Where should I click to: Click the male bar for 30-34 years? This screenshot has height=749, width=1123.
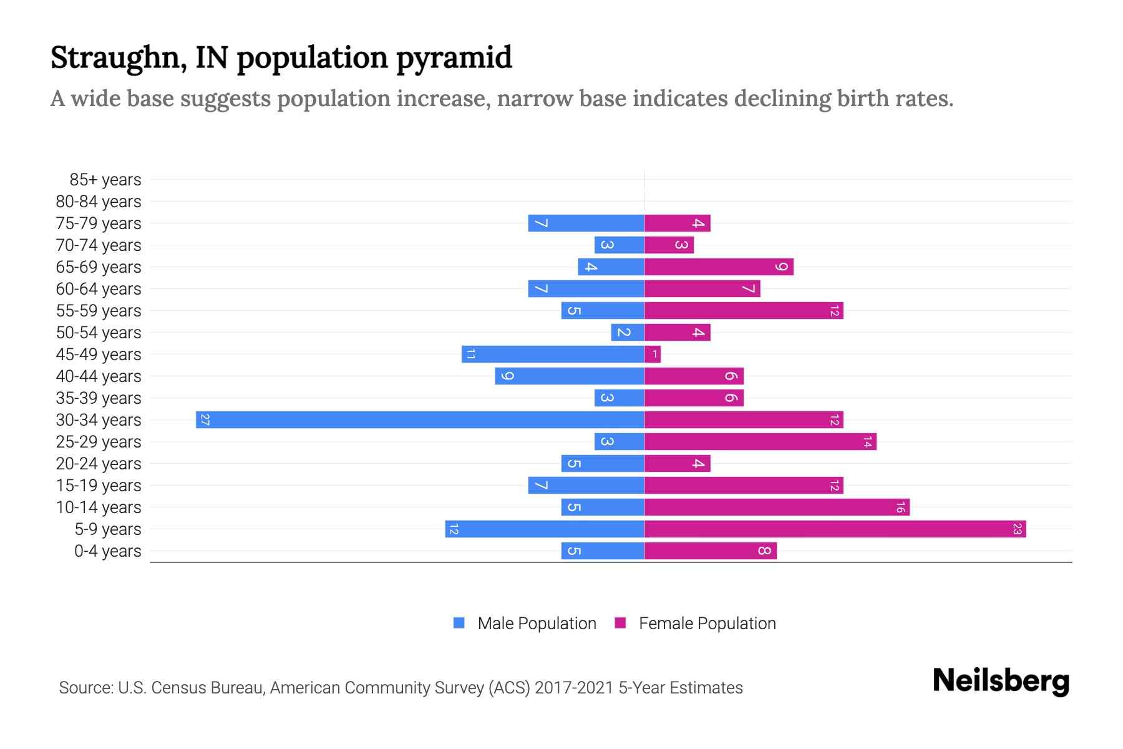420,419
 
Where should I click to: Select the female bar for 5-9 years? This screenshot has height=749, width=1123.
835,529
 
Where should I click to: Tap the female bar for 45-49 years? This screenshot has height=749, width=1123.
652,355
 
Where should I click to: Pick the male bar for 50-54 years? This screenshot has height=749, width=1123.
628,333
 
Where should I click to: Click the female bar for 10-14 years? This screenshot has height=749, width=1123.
777,507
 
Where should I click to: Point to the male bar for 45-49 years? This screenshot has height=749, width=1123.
553,355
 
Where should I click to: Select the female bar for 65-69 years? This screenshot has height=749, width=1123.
719,267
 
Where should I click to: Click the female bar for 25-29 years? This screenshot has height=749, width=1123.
760,442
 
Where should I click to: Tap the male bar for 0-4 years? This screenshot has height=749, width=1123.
603,551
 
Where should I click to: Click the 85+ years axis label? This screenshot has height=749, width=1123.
105,180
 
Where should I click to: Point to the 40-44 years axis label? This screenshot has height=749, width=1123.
99,376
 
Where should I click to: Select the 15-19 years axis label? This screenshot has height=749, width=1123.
99,486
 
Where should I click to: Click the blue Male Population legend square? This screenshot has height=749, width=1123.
459,623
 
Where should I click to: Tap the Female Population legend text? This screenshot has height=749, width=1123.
707,624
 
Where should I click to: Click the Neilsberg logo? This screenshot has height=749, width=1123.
1001,681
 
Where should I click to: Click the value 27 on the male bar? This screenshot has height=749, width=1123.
205,420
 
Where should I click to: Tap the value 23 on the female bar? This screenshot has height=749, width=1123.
1017,529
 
